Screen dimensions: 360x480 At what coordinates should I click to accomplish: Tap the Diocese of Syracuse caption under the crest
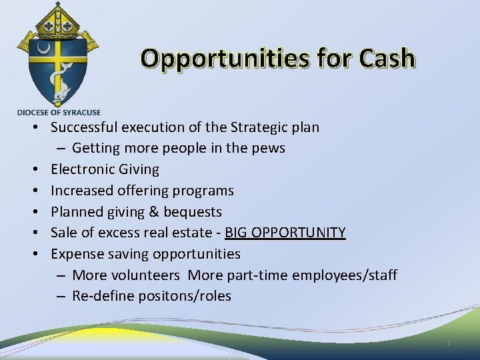click(59, 113)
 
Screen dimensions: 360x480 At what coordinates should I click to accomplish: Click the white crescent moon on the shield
click(43, 49)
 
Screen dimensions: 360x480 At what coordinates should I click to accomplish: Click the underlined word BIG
click(238, 233)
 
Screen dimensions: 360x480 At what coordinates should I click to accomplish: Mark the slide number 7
click(448, 343)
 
